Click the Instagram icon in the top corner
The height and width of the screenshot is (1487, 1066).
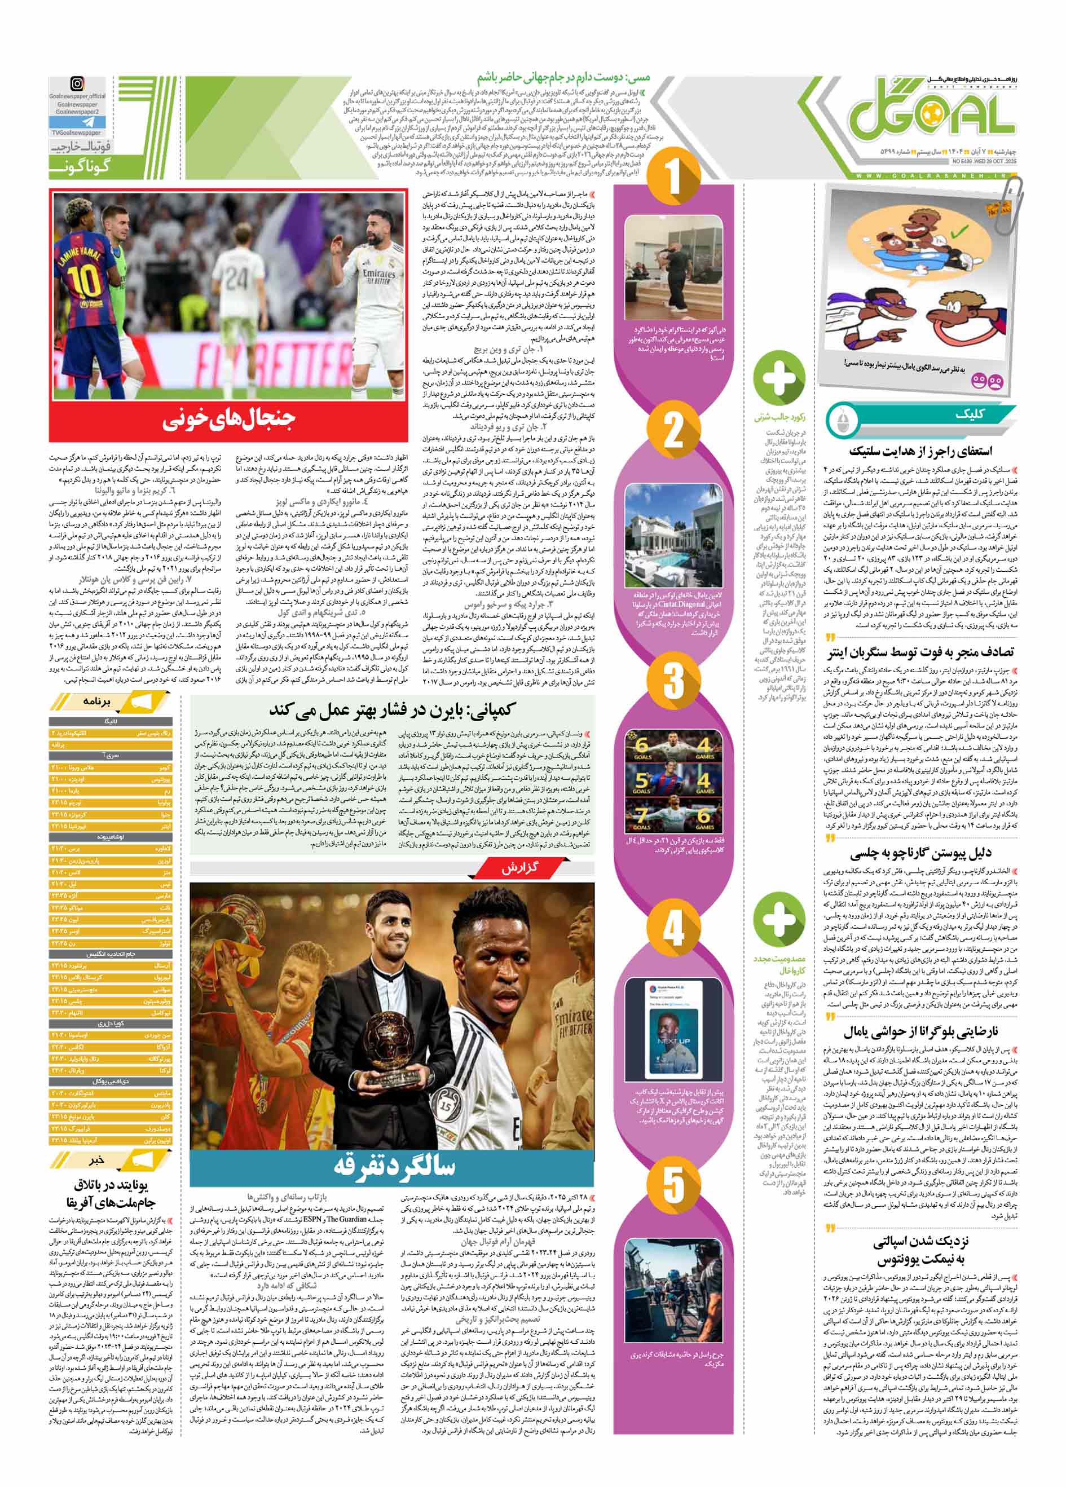click(x=77, y=83)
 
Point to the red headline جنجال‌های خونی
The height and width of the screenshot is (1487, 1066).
click(x=229, y=420)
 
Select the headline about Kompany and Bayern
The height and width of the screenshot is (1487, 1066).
click(x=391, y=711)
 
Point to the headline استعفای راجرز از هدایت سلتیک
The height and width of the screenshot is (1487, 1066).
click(x=921, y=451)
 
